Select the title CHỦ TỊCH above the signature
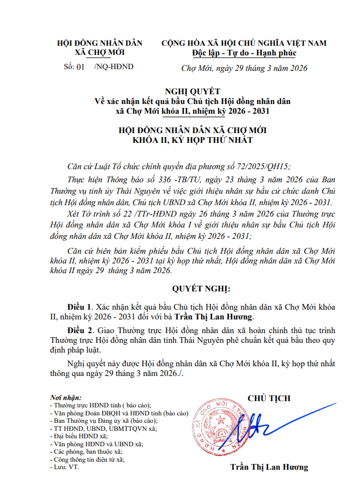(x=269, y=398)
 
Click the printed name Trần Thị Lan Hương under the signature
(x=269, y=467)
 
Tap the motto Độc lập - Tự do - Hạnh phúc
(x=244, y=53)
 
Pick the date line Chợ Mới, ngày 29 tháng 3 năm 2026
(x=244, y=68)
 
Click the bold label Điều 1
(x=80, y=306)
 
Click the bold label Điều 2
(x=80, y=330)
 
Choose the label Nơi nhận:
(x=66, y=397)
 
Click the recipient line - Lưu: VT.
(x=65, y=467)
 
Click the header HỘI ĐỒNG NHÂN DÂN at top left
(x=100, y=43)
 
